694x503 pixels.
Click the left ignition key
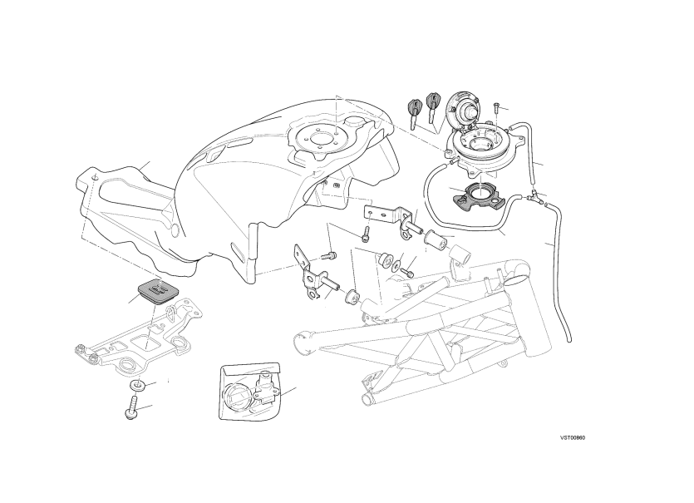(415, 112)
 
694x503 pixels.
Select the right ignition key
(433, 106)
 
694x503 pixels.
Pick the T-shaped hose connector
(535, 196)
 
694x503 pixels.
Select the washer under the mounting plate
(137, 385)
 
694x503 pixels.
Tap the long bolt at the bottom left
(132, 407)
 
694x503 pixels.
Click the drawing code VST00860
(573, 438)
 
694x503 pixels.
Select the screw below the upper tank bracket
(365, 234)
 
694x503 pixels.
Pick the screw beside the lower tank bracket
(329, 255)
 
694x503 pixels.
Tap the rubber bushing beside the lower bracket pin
(352, 297)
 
